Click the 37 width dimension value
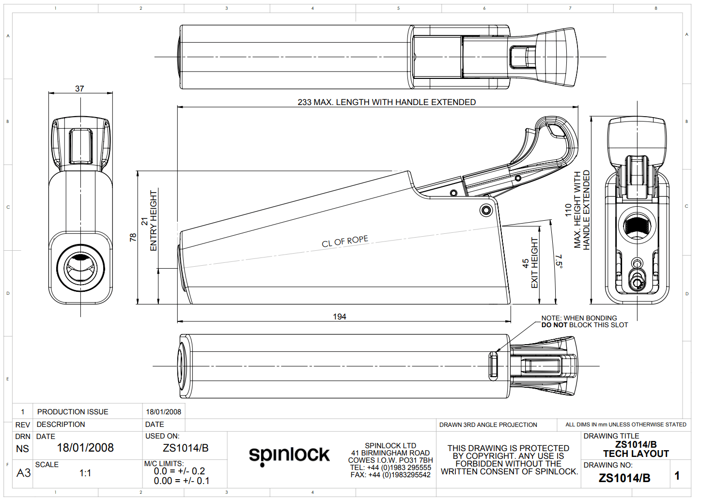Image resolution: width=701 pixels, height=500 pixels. (x=79, y=89)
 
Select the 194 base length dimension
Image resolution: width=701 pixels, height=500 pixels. (x=339, y=317)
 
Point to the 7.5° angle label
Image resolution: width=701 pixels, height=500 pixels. (x=559, y=261)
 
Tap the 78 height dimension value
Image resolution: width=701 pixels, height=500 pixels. (x=133, y=237)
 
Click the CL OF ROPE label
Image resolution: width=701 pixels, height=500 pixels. (x=345, y=241)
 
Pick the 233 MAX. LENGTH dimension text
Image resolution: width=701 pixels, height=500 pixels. (x=387, y=102)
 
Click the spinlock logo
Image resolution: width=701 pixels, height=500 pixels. (x=289, y=455)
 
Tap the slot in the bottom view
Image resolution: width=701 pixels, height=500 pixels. (x=493, y=365)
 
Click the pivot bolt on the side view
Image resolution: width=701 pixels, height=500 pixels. (x=486, y=210)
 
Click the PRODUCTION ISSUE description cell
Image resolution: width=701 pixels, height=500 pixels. (x=73, y=412)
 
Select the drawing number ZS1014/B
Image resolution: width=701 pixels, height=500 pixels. (x=624, y=478)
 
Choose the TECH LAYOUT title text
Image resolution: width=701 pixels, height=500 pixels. (x=636, y=454)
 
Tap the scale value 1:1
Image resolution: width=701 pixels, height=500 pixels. (x=85, y=473)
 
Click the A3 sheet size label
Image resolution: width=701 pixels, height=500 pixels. (x=23, y=473)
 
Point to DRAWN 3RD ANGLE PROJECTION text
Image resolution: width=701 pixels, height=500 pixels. (x=488, y=425)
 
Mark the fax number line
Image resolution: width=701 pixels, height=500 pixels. (x=390, y=475)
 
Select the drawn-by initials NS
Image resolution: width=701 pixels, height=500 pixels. (x=22, y=449)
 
